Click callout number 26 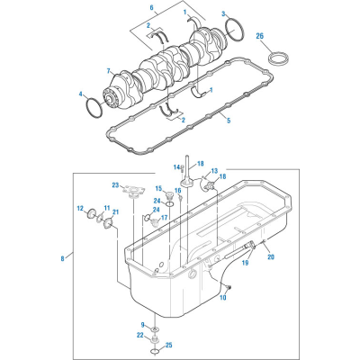260,36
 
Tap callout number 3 223,13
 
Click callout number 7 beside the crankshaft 109,71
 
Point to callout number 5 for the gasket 229,121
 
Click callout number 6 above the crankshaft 151,6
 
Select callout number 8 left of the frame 62,258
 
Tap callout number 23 116,185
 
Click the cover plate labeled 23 133,192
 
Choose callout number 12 80,208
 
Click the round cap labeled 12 91,214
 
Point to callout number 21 115,212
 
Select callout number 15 159,188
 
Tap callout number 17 164,218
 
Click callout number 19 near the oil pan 246,263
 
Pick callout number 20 271,257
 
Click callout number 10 223,298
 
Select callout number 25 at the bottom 169,346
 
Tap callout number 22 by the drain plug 140,336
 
